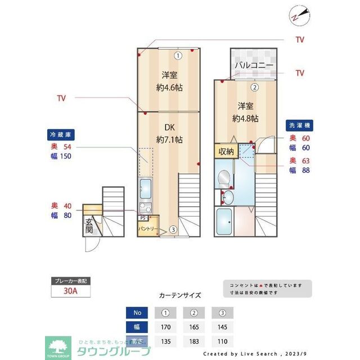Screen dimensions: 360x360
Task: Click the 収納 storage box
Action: click(226, 151)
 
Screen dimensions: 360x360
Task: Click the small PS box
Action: click(143, 217)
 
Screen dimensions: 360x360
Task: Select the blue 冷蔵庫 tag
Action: click(61, 135)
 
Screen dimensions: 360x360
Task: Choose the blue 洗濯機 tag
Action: click(299, 125)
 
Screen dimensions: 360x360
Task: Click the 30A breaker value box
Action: click(70, 291)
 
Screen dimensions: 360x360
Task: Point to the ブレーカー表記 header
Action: click(70, 280)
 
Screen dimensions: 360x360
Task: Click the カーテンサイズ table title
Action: click(180, 295)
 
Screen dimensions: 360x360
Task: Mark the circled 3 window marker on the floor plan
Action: click(173, 229)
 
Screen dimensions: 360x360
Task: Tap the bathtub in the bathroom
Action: click(226, 222)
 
